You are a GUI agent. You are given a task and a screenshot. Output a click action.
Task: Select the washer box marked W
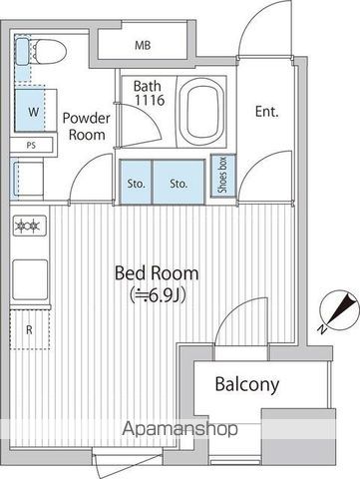coord(33,112)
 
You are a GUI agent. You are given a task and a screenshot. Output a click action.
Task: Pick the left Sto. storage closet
coord(137,184)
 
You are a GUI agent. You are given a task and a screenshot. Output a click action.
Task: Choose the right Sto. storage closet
coord(179,184)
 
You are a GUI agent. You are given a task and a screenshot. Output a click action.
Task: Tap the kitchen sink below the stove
coord(30,274)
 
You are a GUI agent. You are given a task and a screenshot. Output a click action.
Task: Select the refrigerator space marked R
coord(29,328)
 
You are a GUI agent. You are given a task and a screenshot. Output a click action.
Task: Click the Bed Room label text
coord(156,272)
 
